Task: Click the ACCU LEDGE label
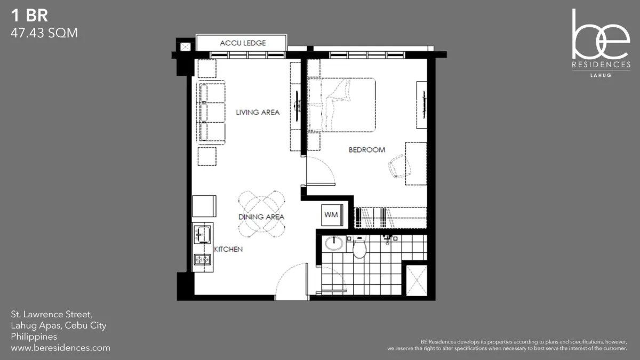243,43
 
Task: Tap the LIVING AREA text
258,113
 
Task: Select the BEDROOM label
367,150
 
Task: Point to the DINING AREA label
261,217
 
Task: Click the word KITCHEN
228,249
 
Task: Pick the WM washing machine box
332,215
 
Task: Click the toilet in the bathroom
359,246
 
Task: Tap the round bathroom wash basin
334,244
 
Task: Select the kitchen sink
202,234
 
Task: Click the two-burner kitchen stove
202,259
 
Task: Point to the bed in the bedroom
341,105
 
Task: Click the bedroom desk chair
399,166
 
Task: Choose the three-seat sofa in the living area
211,113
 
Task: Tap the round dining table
261,214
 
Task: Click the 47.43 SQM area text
44,33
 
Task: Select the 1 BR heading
29,15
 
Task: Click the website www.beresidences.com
61,348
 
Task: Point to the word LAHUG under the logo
601,75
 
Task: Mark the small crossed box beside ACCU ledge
186,47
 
